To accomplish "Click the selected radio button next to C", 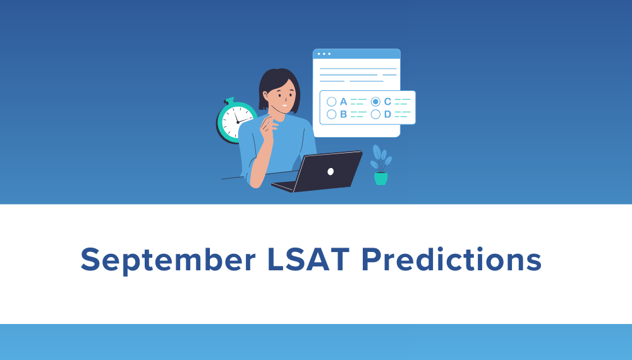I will click(x=375, y=101).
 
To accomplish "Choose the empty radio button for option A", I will click(x=331, y=101).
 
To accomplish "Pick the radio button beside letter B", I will click(x=331, y=114).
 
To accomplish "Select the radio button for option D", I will click(x=375, y=114).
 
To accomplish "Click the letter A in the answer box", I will click(x=344, y=101).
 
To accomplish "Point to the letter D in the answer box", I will click(x=387, y=114).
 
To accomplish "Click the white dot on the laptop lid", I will click(x=331, y=171).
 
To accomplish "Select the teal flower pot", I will click(x=380, y=178).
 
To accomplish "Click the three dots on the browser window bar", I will click(x=324, y=54).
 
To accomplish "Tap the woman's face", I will click(x=284, y=97).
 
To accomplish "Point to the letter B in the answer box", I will click(x=344, y=114).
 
